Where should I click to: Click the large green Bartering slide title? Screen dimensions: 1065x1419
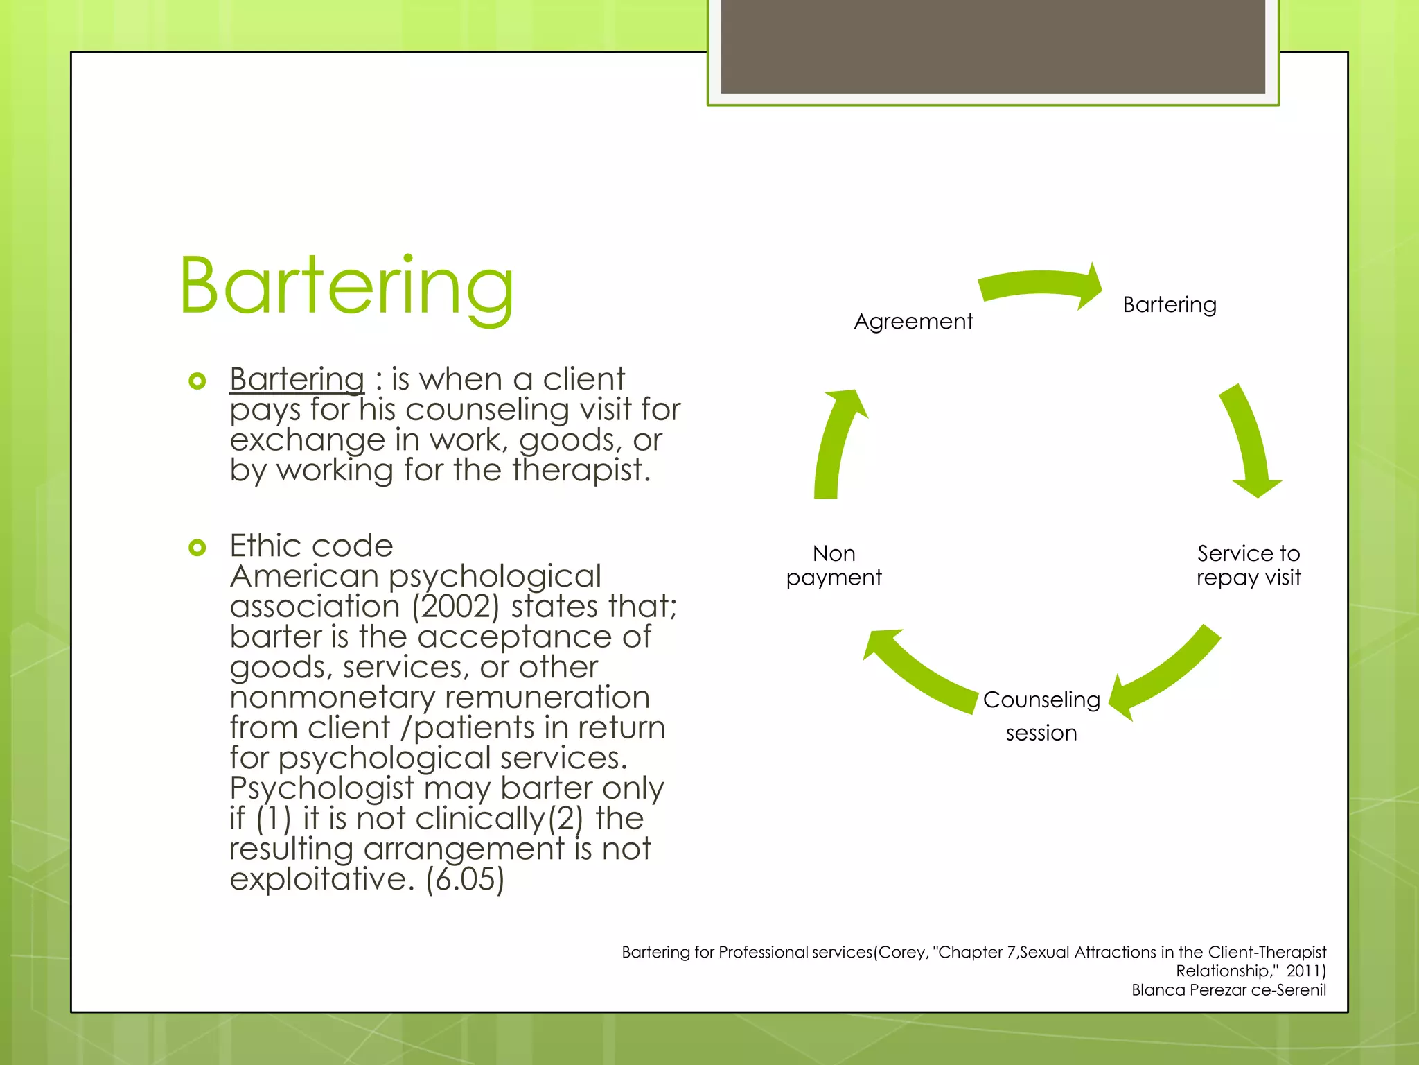pyautogui.click(x=346, y=286)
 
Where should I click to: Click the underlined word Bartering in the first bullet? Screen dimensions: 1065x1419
pyautogui.click(x=297, y=379)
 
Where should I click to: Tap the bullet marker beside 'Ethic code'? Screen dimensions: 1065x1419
pyautogui.click(x=197, y=548)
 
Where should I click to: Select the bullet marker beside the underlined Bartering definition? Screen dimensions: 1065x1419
pyautogui.click(x=197, y=381)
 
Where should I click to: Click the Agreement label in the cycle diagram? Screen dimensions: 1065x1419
pyautogui.click(x=913, y=321)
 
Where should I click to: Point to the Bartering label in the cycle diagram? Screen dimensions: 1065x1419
pyautogui.click(x=1169, y=304)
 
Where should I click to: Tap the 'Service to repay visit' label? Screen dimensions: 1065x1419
pyautogui.click(x=1249, y=565)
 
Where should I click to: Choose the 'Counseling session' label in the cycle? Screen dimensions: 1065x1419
pyautogui.click(x=1041, y=716)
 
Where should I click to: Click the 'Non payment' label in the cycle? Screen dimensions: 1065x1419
pyautogui.click(x=834, y=565)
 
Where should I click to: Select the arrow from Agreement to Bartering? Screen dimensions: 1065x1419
pyautogui.click(x=1039, y=285)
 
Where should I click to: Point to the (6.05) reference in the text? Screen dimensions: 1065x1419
pyautogui.click(x=465, y=879)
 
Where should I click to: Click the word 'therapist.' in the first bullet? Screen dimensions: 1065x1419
pyautogui.click(x=581, y=470)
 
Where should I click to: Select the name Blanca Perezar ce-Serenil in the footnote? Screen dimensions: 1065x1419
pyautogui.click(x=1228, y=990)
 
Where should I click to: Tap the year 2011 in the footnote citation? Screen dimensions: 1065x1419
pyautogui.click(x=1305, y=971)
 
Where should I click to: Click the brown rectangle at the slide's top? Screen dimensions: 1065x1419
pyautogui.click(x=993, y=46)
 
